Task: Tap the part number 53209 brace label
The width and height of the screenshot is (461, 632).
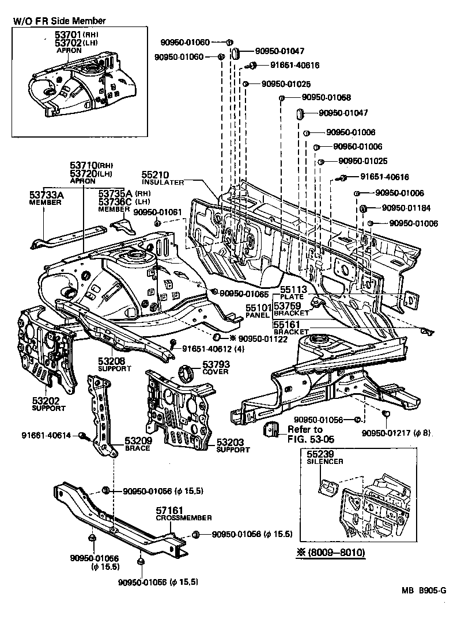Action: pyautogui.click(x=137, y=441)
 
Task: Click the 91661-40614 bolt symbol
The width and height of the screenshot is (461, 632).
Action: pyautogui.click(x=82, y=436)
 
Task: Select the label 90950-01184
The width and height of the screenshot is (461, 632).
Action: pyautogui.click(x=403, y=208)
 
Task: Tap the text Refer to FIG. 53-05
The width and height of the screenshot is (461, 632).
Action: pyautogui.click(x=306, y=435)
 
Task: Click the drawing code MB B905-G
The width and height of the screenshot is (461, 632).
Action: pyautogui.click(x=424, y=590)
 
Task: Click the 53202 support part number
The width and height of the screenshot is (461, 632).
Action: pyautogui.click(x=45, y=401)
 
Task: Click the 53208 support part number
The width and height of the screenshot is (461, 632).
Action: pyautogui.click(x=112, y=361)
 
